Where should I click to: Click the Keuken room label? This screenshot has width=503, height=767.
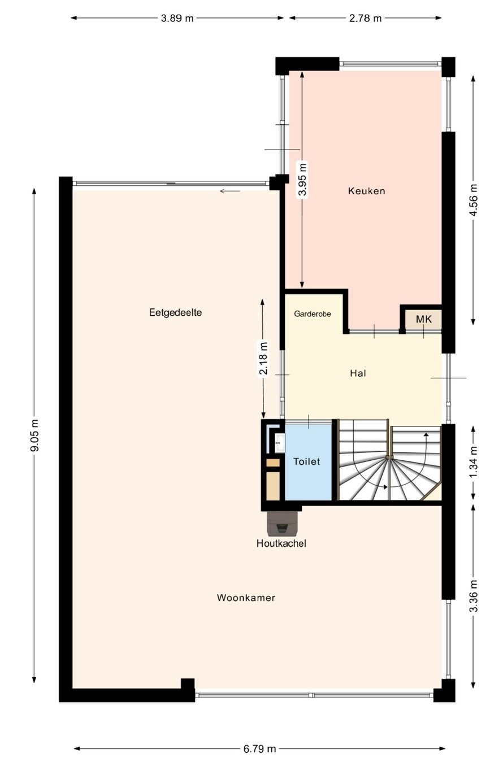pyautogui.click(x=366, y=191)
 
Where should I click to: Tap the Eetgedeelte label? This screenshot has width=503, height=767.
pyautogui.click(x=175, y=313)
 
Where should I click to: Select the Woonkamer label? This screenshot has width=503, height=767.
pyautogui.click(x=246, y=598)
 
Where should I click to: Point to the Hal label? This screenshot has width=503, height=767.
pyautogui.click(x=358, y=373)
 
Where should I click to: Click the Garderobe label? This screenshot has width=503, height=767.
pyautogui.click(x=313, y=313)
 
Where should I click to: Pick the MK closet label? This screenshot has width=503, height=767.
pyautogui.click(x=424, y=320)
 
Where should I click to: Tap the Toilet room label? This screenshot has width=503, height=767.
pyautogui.click(x=307, y=461)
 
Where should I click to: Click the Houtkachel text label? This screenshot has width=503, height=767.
pyautogui.click(x=281, y=543)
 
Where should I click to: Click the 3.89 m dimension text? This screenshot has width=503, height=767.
pyautogui.click(x=177, y=18)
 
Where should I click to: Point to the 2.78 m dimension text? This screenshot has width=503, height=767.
pyautogui.click(x=365, y=18)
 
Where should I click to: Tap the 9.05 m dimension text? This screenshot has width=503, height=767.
pyautogui.click(x=34, y=435)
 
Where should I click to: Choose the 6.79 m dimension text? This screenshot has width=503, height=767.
pyautogui.click(x=260, y=749)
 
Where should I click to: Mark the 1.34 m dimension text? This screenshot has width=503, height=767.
pyautogui.click(x=473, y=463)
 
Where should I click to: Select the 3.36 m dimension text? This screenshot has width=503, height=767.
pyautogui.click(x=473, y=596)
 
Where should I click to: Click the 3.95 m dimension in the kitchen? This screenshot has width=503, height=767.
pyautogui.click(x=302, y=179)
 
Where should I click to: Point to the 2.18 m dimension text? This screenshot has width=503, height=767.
pyautogui.click(x=263, y=359)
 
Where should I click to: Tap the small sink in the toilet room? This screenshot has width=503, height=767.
pyautogui.click(x=279, y=443)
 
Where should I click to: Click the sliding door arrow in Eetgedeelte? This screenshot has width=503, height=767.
pyautogui.click(x=230, y=191)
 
